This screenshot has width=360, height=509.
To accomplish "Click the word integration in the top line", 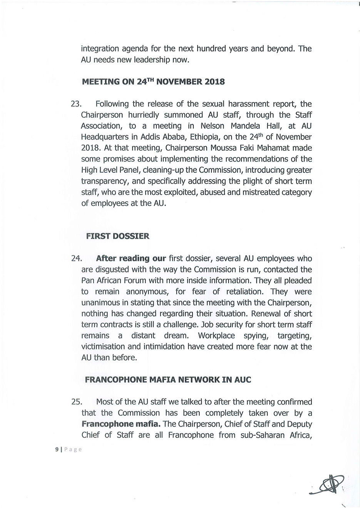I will coord(100,49).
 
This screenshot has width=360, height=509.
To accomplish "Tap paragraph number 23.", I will coord(77,104).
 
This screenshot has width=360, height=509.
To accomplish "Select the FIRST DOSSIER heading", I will coord(117,236).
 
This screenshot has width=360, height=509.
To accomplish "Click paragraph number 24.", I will coord(77,259).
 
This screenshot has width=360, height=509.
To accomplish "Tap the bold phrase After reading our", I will coord(131,259).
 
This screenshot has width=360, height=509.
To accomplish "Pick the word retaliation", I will coord(238,292).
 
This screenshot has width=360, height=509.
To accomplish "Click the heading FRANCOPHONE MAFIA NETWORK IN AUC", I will coord(167,380).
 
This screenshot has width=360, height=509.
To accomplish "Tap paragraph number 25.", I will coord(77,402).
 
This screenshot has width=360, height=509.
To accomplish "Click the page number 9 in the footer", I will coord(57,449).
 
